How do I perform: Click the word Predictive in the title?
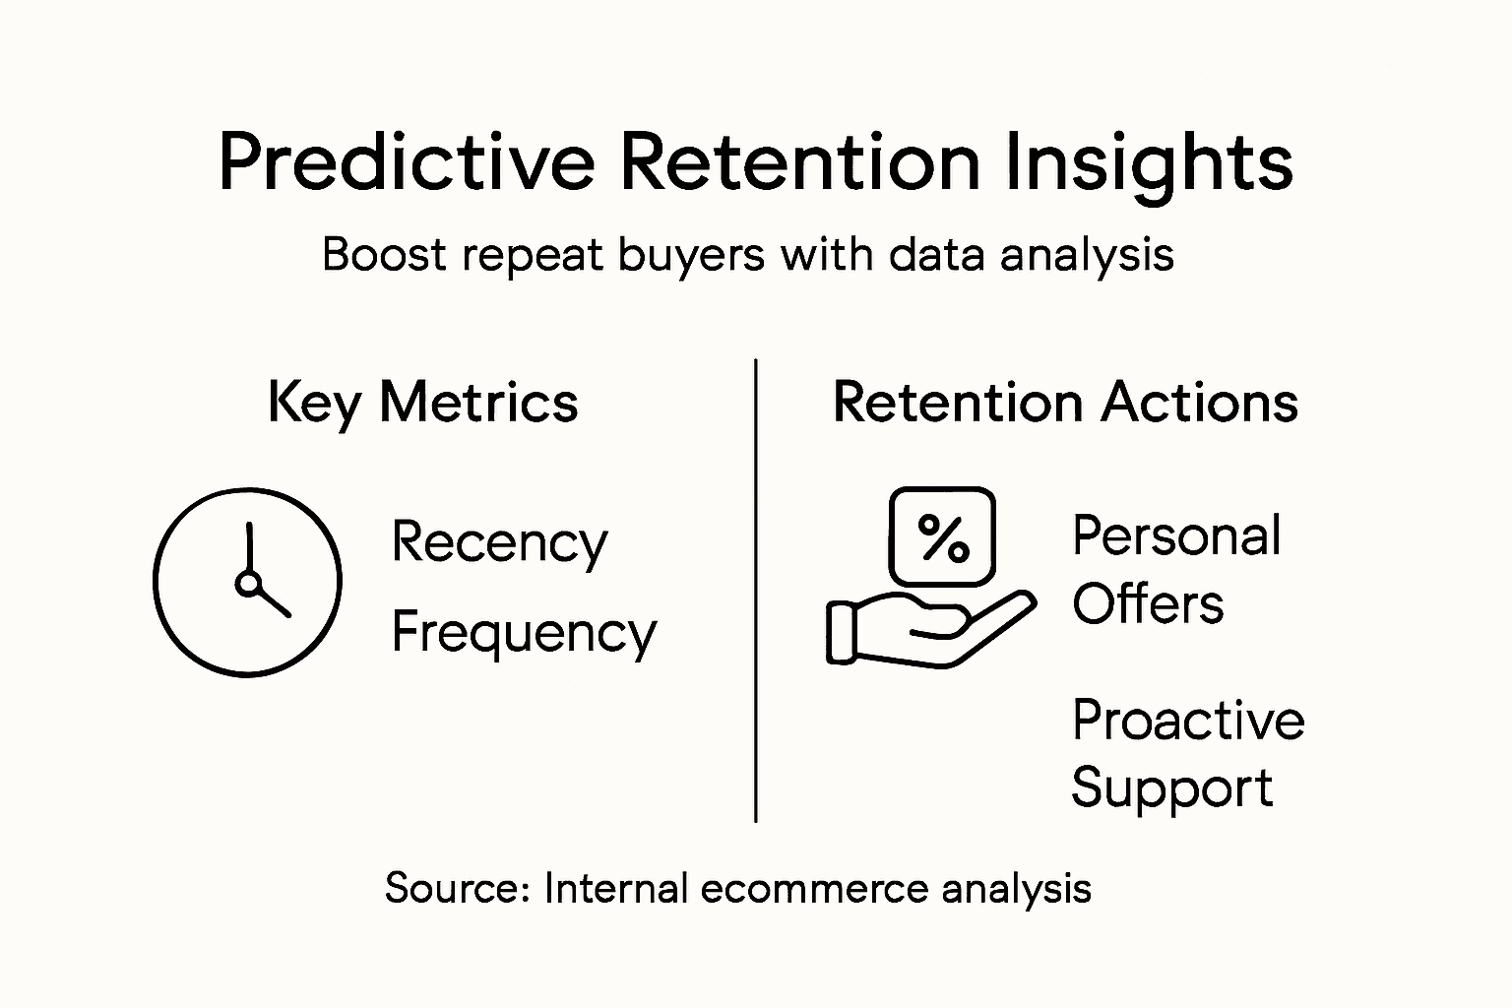pos(406,162)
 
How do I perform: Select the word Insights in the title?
pos(1149,162)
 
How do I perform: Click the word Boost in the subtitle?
pos(384,254)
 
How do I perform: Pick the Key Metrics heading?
pos(422,404)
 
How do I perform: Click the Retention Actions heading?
pos(1065,403)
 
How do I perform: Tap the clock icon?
pos(247,582)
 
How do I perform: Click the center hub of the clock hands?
pos(248,584)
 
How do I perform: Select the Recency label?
pos(499,542)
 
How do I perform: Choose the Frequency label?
pos(523,633)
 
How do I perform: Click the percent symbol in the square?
pos(943,537)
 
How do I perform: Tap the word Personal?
pos(1176,536)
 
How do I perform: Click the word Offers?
pos(1148,603)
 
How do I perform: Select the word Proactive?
pos(1188,720)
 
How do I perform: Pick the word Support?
pos(1171,788)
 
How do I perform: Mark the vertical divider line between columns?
pos(755,591)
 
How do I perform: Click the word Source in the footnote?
pos(458,888)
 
